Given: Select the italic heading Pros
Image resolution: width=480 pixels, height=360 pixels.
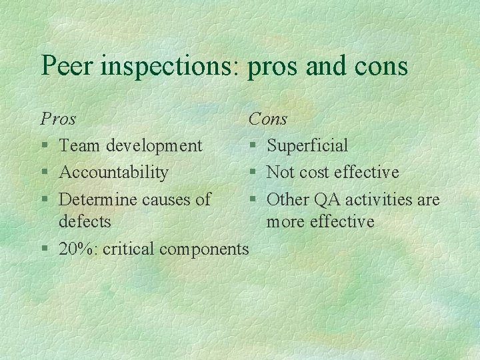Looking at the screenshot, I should click(58, 119).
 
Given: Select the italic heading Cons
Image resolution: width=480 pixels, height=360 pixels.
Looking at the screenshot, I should click(267, 119).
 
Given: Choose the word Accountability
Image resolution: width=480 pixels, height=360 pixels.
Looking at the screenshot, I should click(113, 173).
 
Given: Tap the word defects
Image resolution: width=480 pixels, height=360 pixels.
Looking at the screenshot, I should click(85, 221).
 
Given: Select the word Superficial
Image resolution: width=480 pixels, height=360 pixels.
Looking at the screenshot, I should click(307, 145).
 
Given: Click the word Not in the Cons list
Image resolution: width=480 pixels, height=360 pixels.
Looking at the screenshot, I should click(280, 173).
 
